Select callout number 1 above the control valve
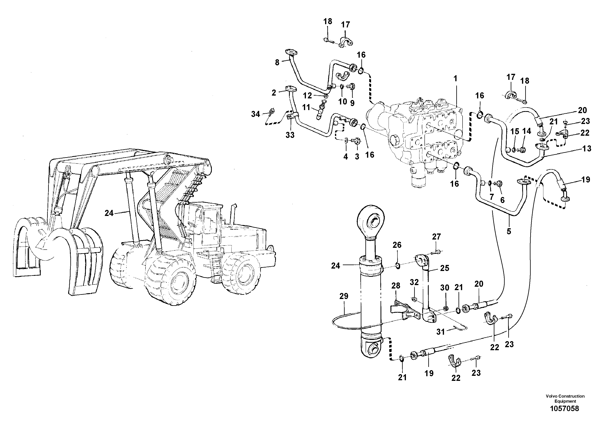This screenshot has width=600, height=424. click(455, 78)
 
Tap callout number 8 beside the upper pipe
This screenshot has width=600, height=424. click(277, 63)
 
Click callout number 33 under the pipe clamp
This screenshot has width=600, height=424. click(290, 135)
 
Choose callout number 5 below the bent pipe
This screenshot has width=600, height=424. click(508, 231)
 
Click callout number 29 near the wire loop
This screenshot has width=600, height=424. click(344, 296)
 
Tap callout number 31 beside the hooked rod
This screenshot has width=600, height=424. click(440, 332)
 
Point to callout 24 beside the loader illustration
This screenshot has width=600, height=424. click(109, 213)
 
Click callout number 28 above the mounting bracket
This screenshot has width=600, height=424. click(396, 286)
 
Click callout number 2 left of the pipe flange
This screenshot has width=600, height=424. click(274, 93)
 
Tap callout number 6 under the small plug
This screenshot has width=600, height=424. click(502, 200)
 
